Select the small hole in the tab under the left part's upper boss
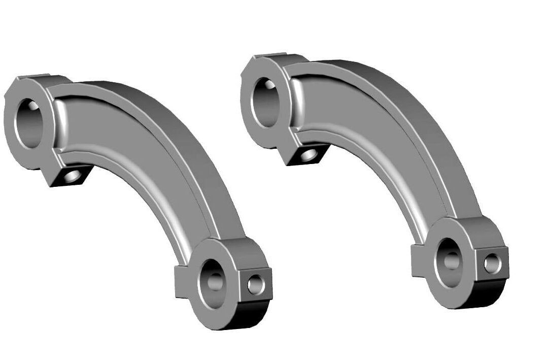coord(73,176)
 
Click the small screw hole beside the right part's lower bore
coord(492,263)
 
